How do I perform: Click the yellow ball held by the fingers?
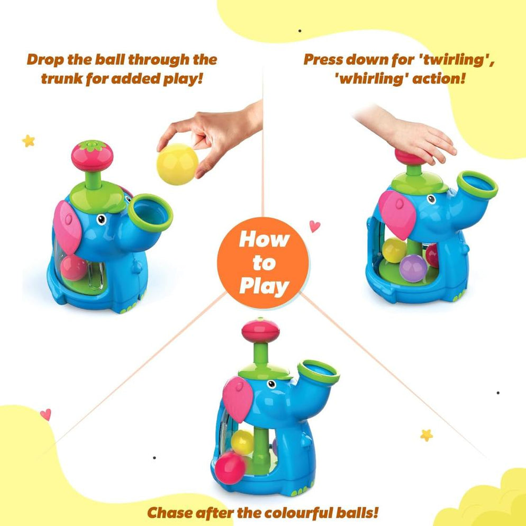177,164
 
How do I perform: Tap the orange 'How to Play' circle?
263,263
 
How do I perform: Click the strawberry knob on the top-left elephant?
93,154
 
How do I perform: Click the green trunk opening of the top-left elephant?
150,212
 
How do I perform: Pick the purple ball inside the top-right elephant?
413,268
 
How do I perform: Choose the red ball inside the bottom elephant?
232,467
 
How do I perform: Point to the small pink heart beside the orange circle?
315,226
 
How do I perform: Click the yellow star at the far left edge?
28,141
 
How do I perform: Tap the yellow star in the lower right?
426,435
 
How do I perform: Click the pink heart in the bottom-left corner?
46,414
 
